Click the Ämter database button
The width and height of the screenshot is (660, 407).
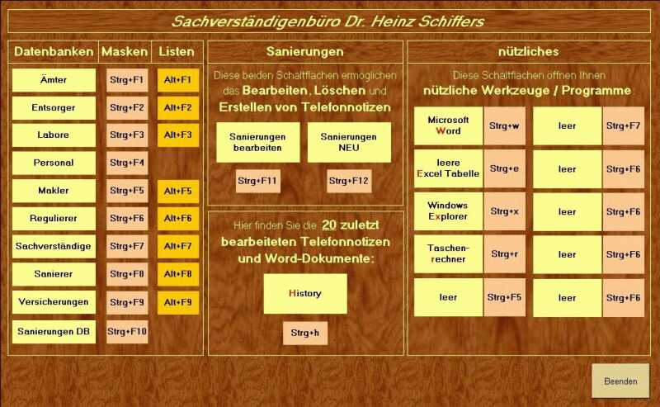click(54, 80)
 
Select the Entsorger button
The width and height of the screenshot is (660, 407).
click(54, 108)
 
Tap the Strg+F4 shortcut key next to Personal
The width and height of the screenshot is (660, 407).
click(127, 163)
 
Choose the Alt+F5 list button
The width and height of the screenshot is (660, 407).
click(178, 191)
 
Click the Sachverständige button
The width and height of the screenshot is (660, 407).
click(54, 247)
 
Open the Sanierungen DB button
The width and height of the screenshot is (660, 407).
click(54, 332)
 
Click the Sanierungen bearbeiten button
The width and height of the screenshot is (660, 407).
click(258, 142)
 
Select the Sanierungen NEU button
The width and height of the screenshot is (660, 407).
click(349, 142)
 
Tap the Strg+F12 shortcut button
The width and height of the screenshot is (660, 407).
click(349, 181)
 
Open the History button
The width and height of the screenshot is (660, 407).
click(305, 294)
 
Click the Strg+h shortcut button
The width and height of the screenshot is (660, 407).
click(304, 334)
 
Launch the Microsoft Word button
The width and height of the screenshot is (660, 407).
click(448, 125)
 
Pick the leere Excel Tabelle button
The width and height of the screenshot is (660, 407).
click(448, 168)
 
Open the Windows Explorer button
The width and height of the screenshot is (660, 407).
click(448, 211)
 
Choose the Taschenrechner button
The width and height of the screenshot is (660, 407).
click(448, 254)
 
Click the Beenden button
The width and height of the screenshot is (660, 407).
click(620, 381)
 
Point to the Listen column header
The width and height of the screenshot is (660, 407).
click(177, 52)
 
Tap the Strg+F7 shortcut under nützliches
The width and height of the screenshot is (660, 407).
click(623, 126)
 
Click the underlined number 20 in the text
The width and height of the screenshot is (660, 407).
click(329, 225)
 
